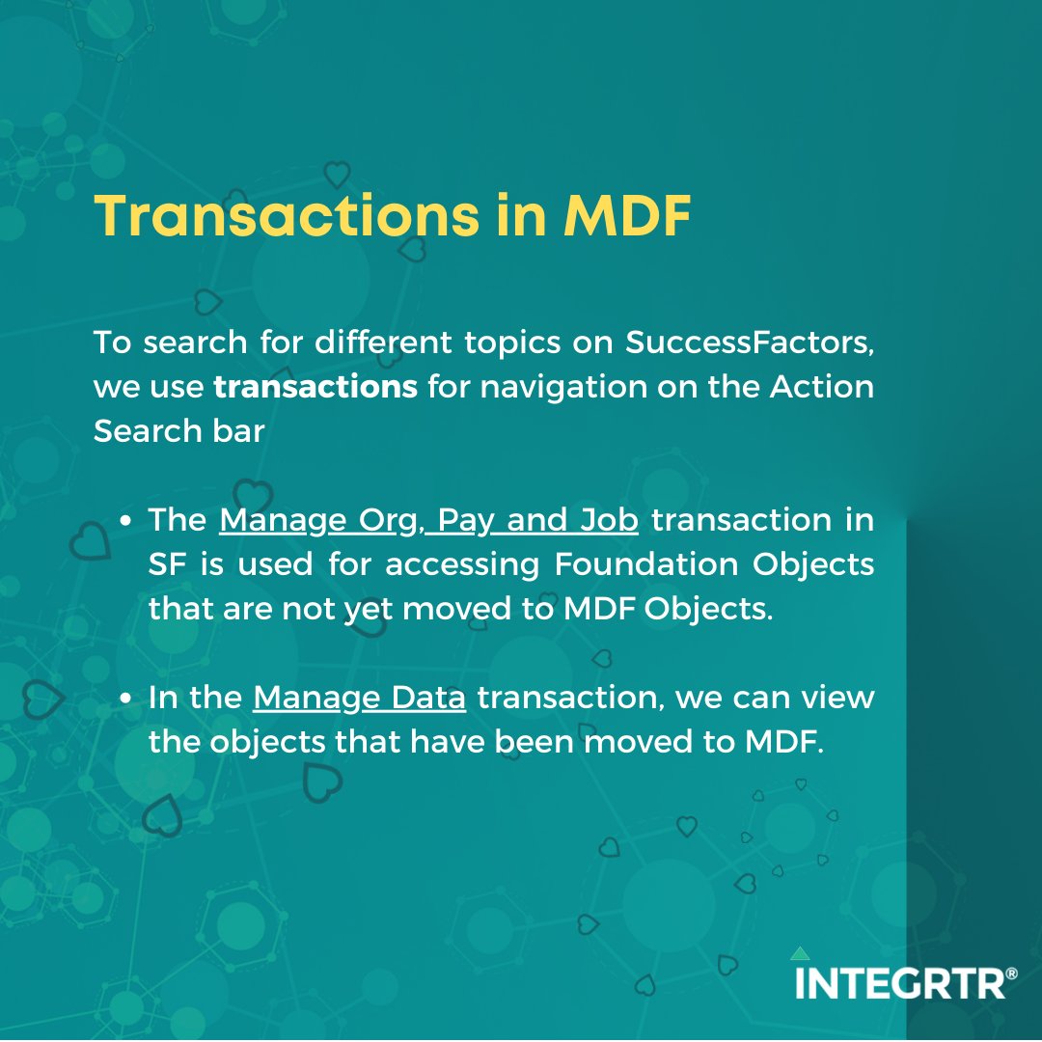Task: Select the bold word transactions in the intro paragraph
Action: click(315, 387)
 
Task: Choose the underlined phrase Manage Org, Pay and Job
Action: click(428, 520)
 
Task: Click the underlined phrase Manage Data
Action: click(359, 698)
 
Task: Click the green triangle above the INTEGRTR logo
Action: click(800, 953)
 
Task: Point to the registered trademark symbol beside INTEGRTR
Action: click(1010, 974)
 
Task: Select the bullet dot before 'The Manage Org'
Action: click(126, 522)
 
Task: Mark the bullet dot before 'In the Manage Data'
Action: click(126, 699)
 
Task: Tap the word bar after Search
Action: click(241, 431)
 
